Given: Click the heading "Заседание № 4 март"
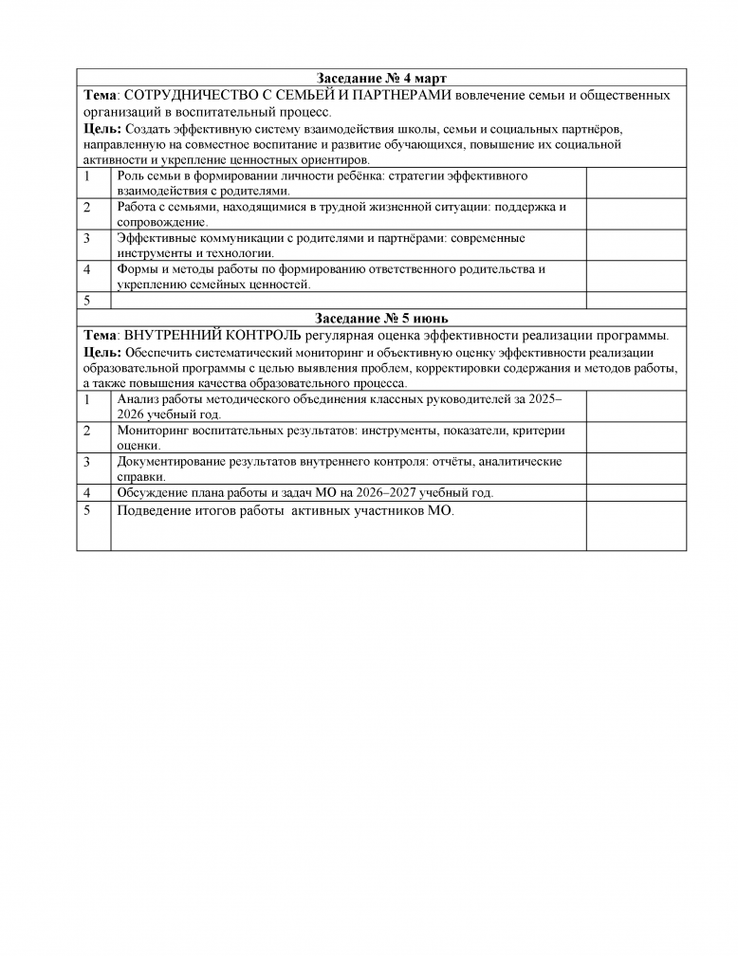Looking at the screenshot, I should point(380,77).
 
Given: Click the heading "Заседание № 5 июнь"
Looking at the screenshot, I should point(380,318).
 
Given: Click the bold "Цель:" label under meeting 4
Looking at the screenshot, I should point(101,128).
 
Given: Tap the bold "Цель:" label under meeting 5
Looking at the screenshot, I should point(101,353).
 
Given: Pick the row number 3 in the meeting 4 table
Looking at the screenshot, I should point(87,238).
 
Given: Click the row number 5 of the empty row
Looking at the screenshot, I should point(87,301).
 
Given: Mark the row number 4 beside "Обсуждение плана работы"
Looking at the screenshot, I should point(87,493).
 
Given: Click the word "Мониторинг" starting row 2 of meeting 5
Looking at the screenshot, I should point(154,431).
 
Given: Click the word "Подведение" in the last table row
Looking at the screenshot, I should point(153,511).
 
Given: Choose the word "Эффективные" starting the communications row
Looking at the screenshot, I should point(156,238).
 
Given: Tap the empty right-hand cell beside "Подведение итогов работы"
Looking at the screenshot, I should point(636,525).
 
